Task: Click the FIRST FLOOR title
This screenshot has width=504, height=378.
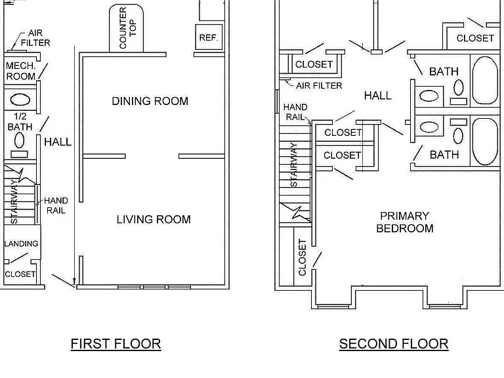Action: pos(115,344)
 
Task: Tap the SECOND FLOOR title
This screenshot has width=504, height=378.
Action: pos(394,344)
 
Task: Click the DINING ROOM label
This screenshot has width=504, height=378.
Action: pos(150,101)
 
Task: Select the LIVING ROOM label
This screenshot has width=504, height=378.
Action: pos(154,219)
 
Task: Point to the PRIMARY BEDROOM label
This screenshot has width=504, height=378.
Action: pos(405,222)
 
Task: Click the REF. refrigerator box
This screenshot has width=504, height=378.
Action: pos(209,37)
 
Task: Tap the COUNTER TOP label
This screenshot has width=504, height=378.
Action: pos(127,28)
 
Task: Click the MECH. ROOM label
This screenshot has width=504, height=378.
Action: pos(20,71)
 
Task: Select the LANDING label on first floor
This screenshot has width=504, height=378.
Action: pos(21,243)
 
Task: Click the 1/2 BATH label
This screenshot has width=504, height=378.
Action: pos(20,121)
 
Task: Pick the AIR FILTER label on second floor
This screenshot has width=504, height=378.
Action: pos(319,85)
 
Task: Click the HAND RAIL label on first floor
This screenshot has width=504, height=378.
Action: pos(56,205)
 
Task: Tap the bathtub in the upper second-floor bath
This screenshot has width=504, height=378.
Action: pos(485,80)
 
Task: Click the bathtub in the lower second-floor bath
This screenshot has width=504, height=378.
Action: pos(485,142)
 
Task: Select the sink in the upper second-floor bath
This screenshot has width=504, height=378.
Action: pos(429,96)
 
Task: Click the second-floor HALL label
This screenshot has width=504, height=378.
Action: pos(378,95)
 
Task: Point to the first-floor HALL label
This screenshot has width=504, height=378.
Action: pos(58,142)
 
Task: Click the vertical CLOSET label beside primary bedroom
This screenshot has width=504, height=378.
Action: pos(302,257)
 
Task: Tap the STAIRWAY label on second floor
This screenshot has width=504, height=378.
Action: pos(293,165)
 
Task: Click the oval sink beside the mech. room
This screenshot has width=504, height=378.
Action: pos(20,100)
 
